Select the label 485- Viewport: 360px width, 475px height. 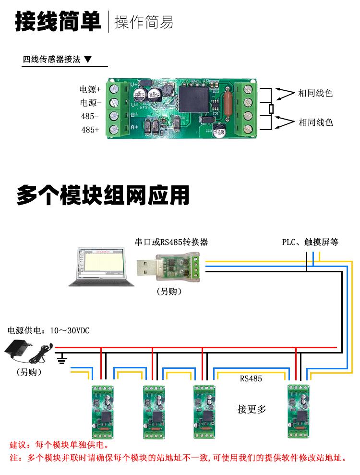tap(90, 116)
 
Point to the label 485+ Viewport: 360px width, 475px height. tap(90, 130)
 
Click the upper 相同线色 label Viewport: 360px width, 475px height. tap(315, 93)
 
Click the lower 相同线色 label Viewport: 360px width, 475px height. tap(315, 122)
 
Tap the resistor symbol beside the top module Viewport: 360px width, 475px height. tap(271, 109)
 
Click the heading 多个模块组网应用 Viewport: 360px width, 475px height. tap(103, 195)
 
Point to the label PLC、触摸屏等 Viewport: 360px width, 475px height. tap(310, 242)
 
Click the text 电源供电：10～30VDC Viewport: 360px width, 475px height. tap(48, 331)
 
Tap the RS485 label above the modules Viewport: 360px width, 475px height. tap(251, 378)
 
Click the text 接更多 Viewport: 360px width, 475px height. tap(252, 409)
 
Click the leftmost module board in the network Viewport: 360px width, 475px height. tap(102, 411)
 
